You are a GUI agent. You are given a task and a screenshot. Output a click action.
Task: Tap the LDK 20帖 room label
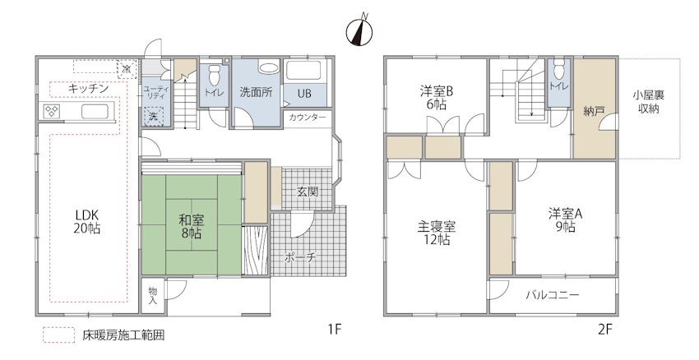point(87,221)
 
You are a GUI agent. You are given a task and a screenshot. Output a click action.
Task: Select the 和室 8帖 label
point(191,226)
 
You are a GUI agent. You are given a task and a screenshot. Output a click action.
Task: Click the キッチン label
point(88,89)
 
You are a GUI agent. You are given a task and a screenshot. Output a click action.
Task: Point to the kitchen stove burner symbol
point(52,111)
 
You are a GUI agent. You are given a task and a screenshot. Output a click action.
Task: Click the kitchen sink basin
point(94,112)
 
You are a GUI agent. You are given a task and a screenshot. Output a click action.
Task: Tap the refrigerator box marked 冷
point(127,69)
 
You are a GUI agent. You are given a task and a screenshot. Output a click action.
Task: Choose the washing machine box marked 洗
point(153,118)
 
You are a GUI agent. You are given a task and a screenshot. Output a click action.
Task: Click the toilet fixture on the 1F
point(215,76)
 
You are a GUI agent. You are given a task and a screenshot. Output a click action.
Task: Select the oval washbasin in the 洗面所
point(268,68)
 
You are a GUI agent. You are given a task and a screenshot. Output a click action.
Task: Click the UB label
point(304,94)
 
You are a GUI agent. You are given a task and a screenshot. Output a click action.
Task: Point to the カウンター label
point(308,118)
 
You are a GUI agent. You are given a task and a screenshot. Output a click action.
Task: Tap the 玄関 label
point(308,192)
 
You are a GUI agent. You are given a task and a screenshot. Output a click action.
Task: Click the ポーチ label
point(300,257)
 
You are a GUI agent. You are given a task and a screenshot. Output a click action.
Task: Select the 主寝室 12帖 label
point(437,233)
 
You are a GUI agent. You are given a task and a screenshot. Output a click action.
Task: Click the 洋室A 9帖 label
point(565,220)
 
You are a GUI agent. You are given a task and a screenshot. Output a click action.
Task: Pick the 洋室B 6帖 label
point(437,98)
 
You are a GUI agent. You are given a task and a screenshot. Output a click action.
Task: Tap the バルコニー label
point(552,295)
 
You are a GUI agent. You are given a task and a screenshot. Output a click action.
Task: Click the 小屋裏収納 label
point(648,102)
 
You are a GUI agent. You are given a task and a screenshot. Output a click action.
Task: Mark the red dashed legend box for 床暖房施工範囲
point(59,335)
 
